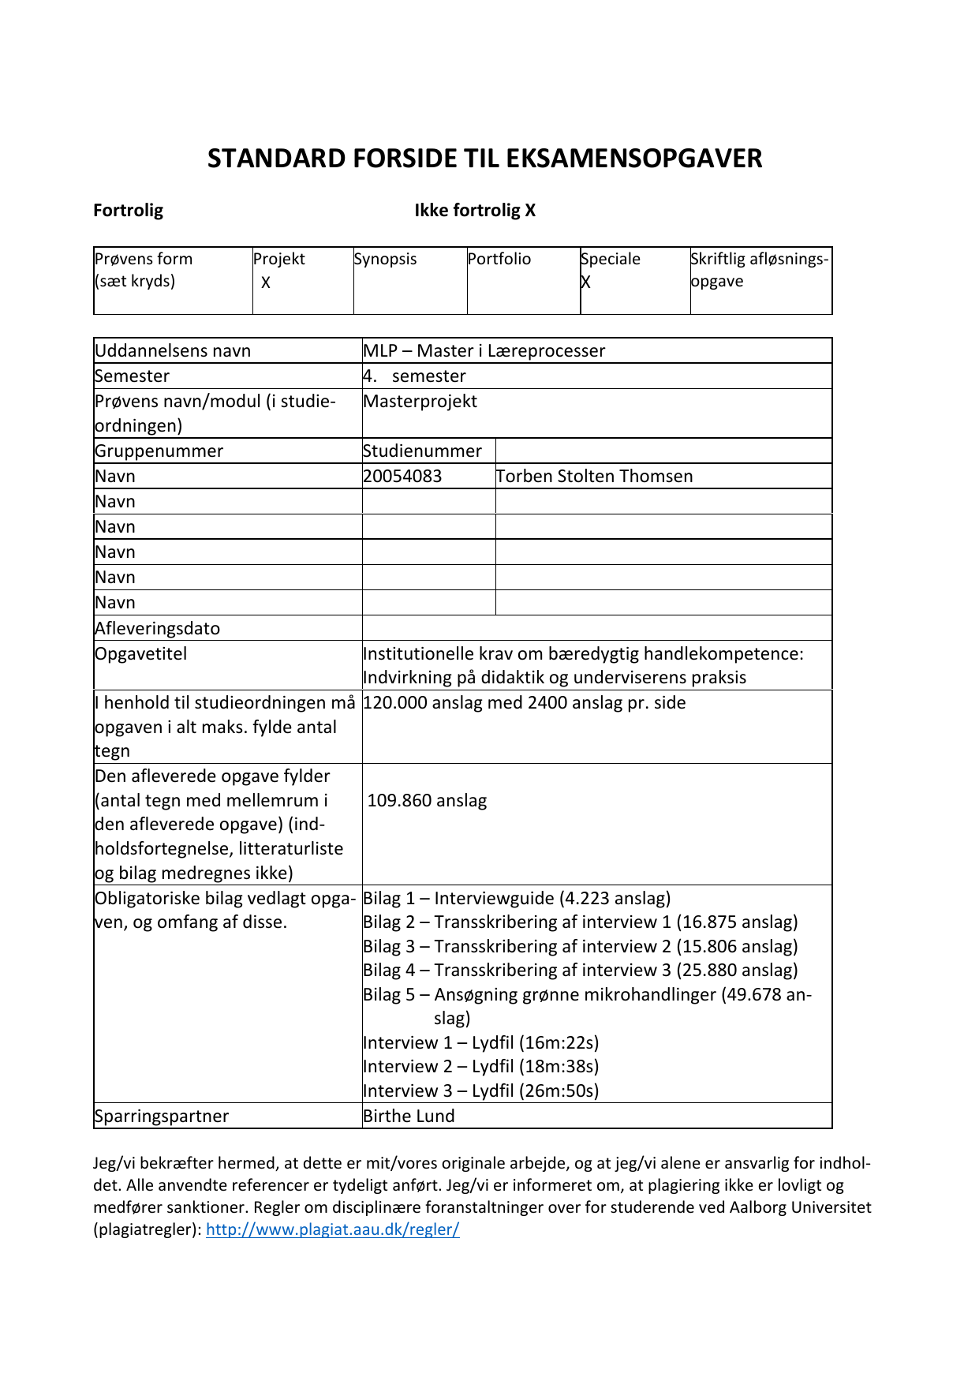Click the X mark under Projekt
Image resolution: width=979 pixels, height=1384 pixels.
coord(266,282)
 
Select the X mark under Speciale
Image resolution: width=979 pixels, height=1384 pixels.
coord(585,282)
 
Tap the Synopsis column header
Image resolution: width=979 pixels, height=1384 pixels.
coord(385,259)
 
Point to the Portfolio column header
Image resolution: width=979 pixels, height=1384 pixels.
coord(499,259)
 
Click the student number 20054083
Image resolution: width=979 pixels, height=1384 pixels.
coord(402,477)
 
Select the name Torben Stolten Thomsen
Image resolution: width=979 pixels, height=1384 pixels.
coord(594,477)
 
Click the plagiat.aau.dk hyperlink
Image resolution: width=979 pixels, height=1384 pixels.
coord(332,1229)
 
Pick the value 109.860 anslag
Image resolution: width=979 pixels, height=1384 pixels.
coord(427,801)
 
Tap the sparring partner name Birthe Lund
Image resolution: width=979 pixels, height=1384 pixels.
coord(409,1117)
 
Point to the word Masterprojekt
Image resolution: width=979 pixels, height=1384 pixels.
coord(420,402)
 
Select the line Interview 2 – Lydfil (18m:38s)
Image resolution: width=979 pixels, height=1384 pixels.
coord(480,1067)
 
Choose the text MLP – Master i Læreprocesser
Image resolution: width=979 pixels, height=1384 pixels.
coord(484,351)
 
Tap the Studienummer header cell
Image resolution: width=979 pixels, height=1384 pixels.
coord(422,451)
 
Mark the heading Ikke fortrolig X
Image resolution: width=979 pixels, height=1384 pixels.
coord(475,211)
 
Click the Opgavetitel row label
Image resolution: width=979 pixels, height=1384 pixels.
coord(140,654)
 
